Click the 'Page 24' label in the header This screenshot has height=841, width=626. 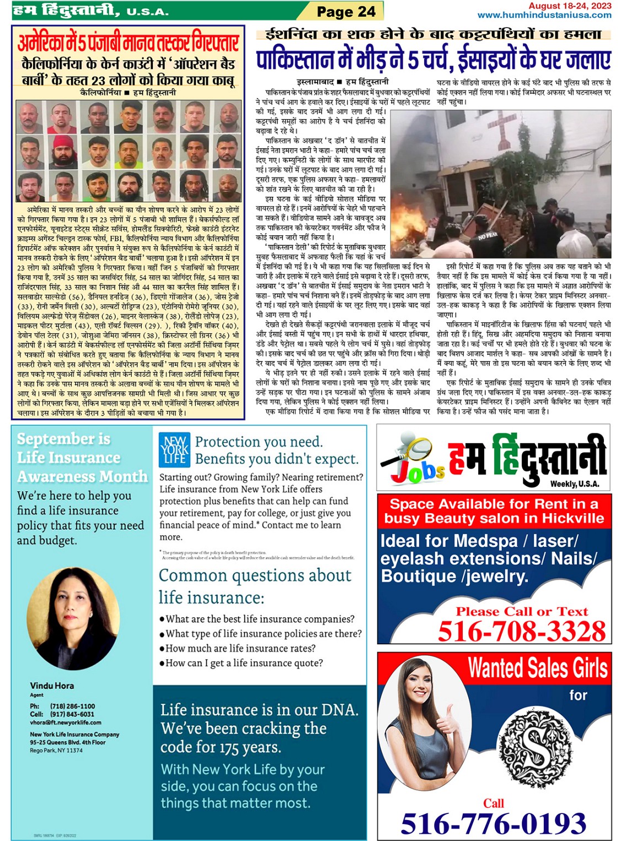[346, 12]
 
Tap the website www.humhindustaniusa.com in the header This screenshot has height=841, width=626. [544, 15]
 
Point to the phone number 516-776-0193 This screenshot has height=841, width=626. [494, 824]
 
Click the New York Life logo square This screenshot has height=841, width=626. [174, 450]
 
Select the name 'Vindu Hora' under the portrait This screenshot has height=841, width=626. [52, 686]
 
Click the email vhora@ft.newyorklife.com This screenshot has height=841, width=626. [66, 722]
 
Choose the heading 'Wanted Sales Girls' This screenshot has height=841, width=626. [538, 669]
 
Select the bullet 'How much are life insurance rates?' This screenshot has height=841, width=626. [240, 648]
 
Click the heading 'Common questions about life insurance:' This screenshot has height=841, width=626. [255, 586]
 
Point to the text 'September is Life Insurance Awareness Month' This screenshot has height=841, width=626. [82, 457]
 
